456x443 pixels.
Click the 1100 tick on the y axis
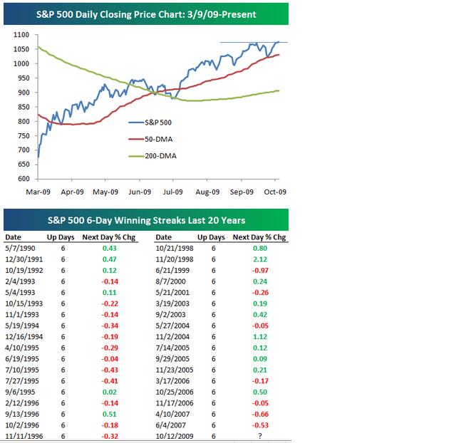tap(21, 35)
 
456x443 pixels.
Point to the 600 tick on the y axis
tap(24, 179)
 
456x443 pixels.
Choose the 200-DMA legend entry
tap(156, 156)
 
